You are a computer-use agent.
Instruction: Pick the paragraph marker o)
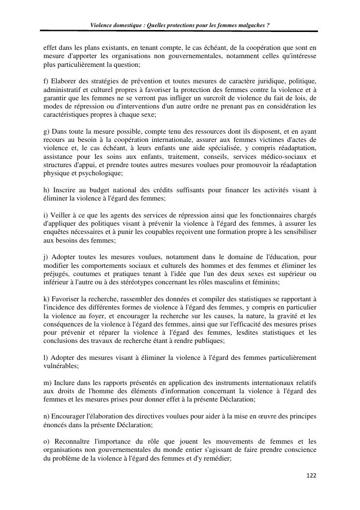(47, 441)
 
